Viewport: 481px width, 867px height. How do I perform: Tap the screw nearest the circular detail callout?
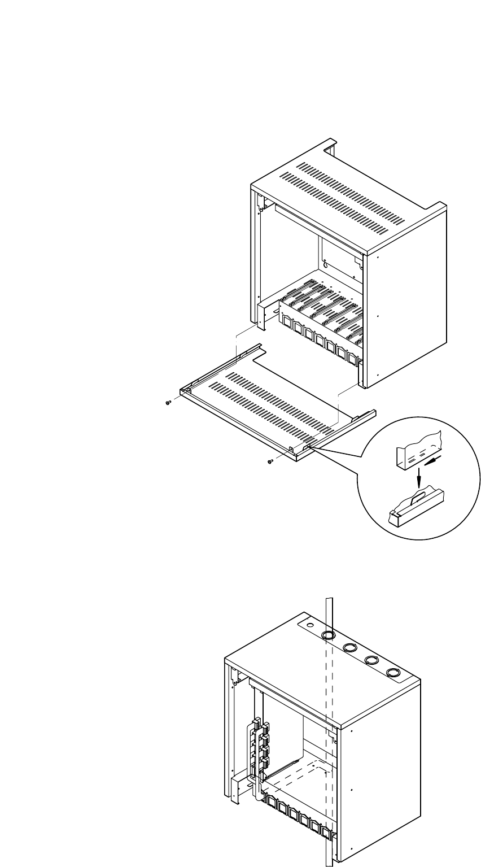[270, 461]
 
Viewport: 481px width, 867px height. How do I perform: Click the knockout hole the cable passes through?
[328, 635]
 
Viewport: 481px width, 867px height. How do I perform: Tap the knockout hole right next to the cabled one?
[350, 647]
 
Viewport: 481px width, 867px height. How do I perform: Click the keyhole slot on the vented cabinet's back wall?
[326, 263]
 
